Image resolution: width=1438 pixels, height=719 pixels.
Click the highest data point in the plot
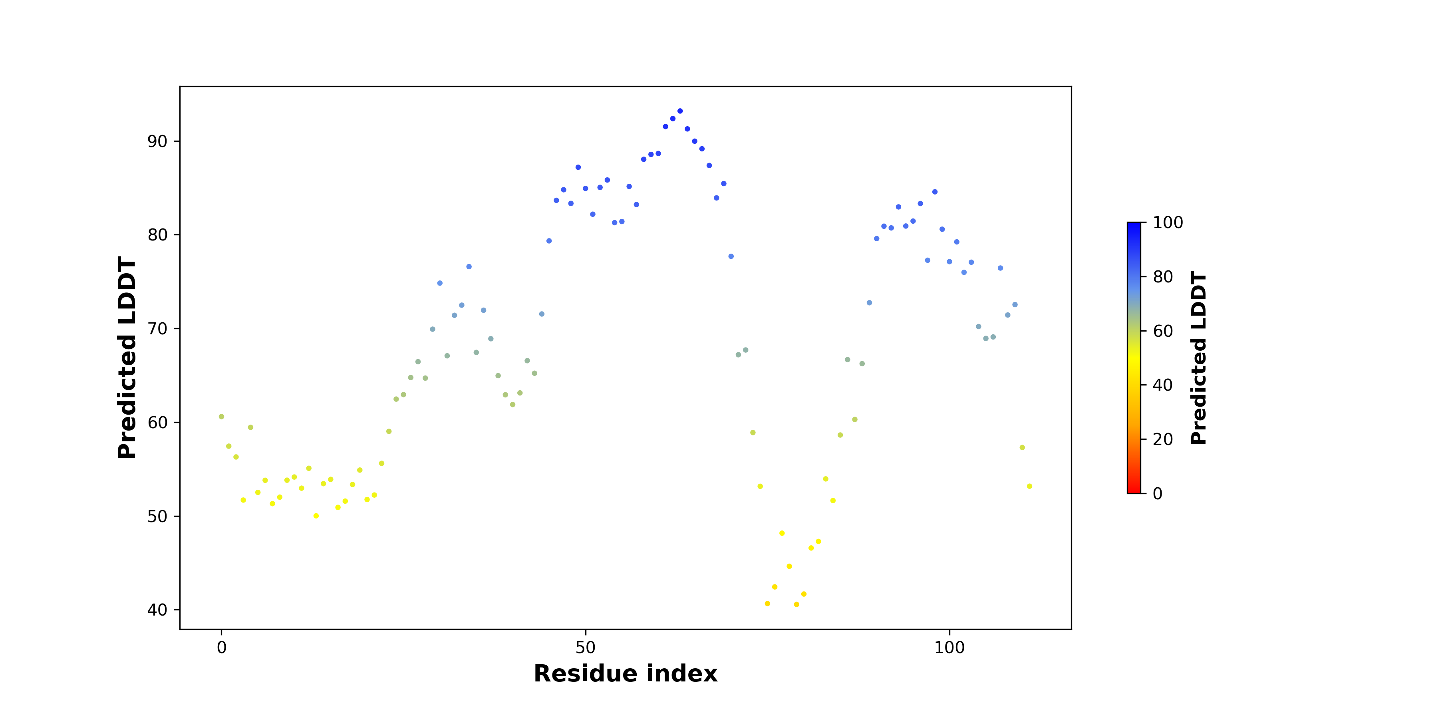point(680,111)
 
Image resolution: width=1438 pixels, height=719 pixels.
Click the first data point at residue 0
point(222,417)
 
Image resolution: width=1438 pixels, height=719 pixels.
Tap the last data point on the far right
point(1029,486)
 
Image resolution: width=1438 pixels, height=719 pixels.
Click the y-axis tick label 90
point(157,141)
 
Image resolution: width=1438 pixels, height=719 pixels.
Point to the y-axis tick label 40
point(157,610)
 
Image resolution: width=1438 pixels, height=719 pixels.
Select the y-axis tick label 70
point(157,329)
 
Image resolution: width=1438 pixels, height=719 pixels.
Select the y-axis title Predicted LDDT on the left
point(127,358)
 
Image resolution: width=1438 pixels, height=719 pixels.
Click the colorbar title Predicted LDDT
point(1198,358)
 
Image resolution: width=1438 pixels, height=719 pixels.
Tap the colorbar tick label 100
point(1168,223)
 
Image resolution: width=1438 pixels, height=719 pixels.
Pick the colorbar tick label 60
point(1163,331)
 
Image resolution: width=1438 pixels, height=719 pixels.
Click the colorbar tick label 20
point(1163,439)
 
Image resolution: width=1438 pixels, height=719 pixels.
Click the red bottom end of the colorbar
point(1134,491)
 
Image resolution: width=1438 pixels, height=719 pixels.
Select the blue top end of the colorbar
point(1134,226)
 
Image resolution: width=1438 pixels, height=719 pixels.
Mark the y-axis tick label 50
point(157,516)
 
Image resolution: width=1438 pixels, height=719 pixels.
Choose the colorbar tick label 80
point(1163,277)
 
